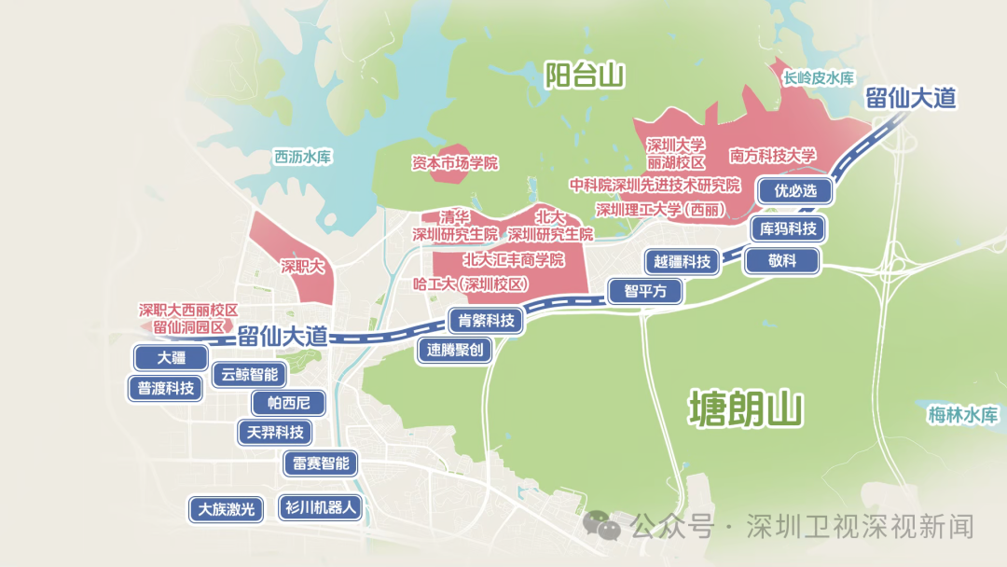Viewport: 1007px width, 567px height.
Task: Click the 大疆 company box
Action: [171, 358]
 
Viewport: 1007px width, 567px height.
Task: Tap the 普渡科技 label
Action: [166, 389]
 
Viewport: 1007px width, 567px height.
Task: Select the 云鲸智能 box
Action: [250, 375]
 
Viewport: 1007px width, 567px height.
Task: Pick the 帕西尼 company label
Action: [288, 404]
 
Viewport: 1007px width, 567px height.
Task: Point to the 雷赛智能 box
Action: [321, 463]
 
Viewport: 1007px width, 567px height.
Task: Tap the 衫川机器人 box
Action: [320, 508]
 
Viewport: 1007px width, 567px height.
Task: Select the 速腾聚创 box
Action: [455, 351]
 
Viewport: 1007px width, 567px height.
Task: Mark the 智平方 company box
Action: [645, 291]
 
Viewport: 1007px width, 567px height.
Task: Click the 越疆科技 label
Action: [683, 262]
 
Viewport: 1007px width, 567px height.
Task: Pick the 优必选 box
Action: [794, 191]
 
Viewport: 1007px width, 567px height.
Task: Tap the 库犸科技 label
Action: [789, 228]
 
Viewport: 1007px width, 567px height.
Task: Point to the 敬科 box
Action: [782, 261]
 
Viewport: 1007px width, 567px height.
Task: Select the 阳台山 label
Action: [585, 76]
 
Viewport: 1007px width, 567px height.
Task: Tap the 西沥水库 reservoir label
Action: [303, 157]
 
